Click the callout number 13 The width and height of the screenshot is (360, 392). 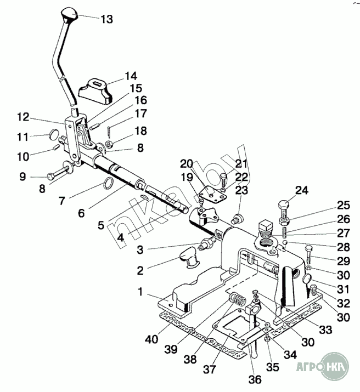pyautogui.click(x=106, y=19)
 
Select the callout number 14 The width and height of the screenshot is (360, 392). pyautogui.click(x=131, y=76)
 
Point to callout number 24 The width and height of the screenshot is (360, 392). pyautogui.click(x=301, y=191)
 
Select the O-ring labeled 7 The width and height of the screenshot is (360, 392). pyautogui.click(x=108, y=182)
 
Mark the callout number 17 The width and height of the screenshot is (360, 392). pyautogui.click(x=141, y=114)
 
